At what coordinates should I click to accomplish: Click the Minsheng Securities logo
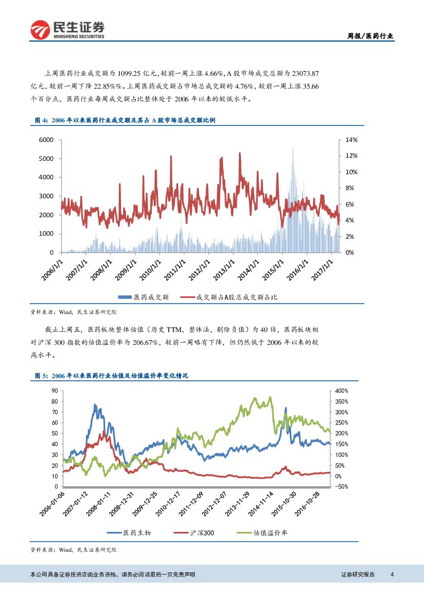coord(67,30)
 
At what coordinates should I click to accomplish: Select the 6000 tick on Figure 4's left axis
coord(47,140)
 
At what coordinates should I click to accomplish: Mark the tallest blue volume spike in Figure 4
coord(292,148)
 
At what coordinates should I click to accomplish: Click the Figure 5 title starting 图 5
coord(112,376)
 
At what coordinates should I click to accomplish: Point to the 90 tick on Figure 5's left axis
coord(54,390)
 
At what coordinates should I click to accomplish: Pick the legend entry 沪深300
coord(198,533)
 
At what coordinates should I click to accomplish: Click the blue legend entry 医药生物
coord(132,533)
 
